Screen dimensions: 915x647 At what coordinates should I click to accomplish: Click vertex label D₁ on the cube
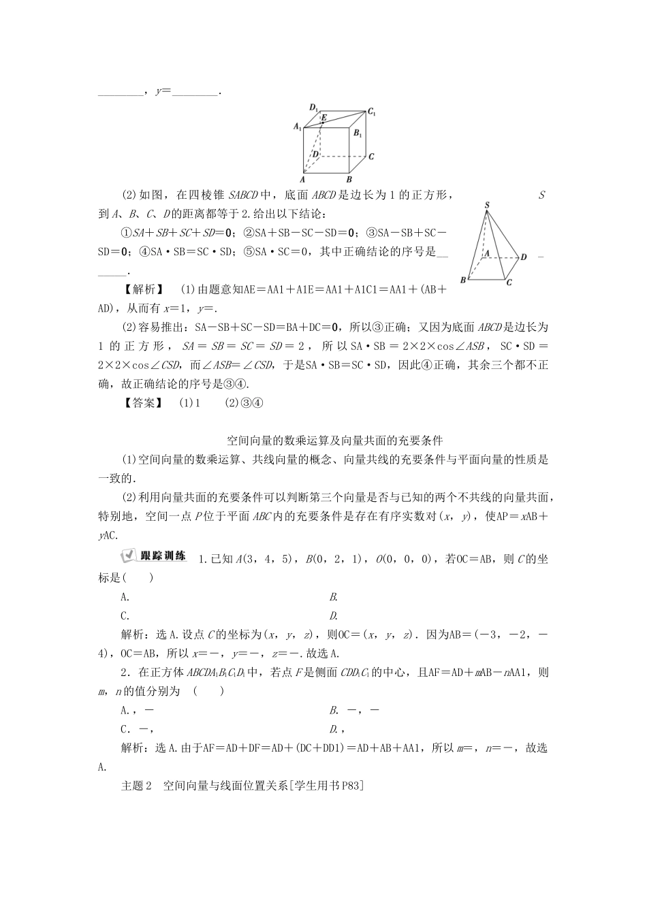click(314, 107)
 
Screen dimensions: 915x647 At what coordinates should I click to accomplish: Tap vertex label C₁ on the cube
click(372, 111)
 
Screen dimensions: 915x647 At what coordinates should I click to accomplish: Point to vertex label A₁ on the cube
click(297, 127)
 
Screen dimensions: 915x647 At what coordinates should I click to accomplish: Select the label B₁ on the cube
click(360, 133)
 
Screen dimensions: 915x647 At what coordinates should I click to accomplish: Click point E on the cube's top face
click(324, 118)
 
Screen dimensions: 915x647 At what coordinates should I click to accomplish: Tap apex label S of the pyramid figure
click(487, 204)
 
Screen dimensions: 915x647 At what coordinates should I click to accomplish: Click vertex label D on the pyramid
click(523, 257)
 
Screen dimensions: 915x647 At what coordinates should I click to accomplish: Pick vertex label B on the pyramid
click(463, 280)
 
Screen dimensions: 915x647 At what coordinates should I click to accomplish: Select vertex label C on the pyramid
click(509, 282)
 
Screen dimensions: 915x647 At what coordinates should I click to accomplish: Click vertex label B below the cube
click(349, 179)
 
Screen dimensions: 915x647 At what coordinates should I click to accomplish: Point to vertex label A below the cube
click(302, 179)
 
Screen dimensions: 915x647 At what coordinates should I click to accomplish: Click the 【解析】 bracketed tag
click(141, 289)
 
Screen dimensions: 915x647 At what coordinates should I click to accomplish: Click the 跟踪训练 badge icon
click(153, 556)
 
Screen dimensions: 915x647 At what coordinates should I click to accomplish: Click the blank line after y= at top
click(195, 91)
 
